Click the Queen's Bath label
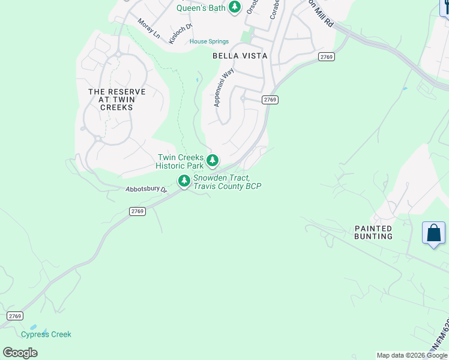pos(200,8)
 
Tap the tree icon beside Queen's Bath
pos(235,7)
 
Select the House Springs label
pos(209,41)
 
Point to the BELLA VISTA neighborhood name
pos(240,56)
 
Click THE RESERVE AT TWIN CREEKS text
pos(117,99)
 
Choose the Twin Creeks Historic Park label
pos(180,161)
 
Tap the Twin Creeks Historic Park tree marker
pos(212,160)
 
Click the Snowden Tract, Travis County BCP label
pos(227,182)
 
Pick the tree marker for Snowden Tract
pos(184,180)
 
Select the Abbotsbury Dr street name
pos(146,189)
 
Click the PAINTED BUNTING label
pos(373,232)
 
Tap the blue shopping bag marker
pos(433,233)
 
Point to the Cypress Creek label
pos(46,334)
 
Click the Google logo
pos(20,353)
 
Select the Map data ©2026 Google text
pos(412,355)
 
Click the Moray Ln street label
pos(149,29)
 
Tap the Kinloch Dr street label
pos(181,33)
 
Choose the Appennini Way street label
pos(224,88)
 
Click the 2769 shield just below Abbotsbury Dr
pos(137,211)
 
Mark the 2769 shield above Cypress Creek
pos(15,316)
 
